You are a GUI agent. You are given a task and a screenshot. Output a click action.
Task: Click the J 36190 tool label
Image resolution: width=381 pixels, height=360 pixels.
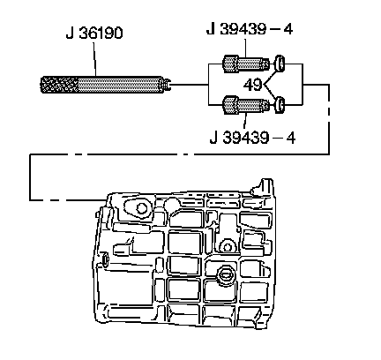pos(94,33)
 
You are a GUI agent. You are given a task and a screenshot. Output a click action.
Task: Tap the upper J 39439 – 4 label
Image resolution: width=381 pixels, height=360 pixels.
pos(250,29)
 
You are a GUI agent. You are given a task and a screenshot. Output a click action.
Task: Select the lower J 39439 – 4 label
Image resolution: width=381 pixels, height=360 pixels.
pos(252,138)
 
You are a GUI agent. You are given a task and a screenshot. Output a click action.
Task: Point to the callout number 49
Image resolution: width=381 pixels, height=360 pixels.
pos(253,85)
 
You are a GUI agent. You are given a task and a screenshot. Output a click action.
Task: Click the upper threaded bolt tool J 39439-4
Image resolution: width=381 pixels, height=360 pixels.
pos(246,64)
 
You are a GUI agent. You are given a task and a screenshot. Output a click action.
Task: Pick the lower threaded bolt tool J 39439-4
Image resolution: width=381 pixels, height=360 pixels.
pos(246,105)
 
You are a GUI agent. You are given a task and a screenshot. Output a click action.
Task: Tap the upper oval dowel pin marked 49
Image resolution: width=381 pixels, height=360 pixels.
pos(280,64)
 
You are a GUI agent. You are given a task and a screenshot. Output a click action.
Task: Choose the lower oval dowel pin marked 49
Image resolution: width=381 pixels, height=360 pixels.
pos(280,105)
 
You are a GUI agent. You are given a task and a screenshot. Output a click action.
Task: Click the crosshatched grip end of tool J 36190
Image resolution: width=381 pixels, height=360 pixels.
pos(59,85)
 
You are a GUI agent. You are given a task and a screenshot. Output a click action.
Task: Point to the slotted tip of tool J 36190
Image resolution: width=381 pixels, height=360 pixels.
pos(168,85)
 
